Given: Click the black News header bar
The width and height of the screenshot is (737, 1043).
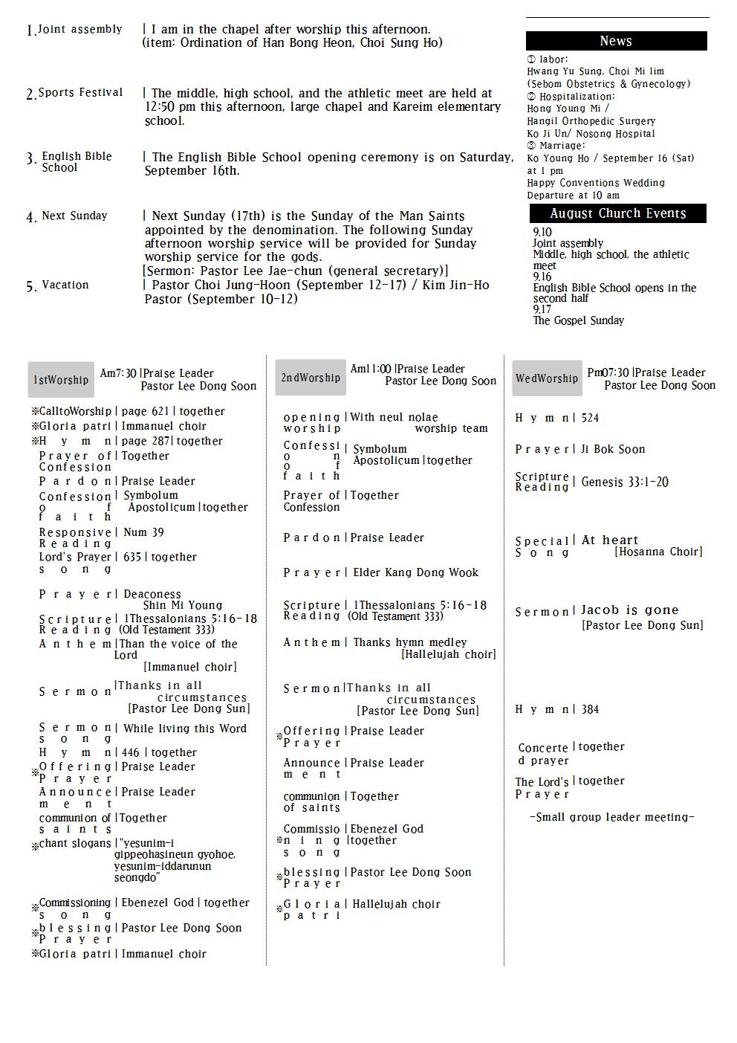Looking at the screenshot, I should click(616, 41).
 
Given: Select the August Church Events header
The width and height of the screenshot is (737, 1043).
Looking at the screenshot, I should click(617, 213).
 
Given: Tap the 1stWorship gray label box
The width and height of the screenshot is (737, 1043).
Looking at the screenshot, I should click(61, 380).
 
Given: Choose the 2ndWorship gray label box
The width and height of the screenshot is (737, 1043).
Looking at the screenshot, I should click(311, 378).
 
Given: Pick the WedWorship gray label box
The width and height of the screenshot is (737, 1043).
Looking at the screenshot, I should click(547, 378).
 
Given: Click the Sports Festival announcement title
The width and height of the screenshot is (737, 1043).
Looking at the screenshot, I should click(80, 93).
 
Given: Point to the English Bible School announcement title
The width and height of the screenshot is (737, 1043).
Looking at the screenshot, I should click(77, 161).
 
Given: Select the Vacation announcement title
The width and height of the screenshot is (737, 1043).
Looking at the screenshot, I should click(65, 285).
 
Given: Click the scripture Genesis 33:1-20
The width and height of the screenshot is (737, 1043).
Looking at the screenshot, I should click(625, 482).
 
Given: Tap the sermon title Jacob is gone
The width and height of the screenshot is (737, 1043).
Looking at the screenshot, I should click(630, 610).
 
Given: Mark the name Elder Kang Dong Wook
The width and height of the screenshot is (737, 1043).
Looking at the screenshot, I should click(415, 572).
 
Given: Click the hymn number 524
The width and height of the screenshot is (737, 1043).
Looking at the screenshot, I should click(590, 418).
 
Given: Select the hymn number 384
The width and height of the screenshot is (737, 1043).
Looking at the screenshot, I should click(590, 709).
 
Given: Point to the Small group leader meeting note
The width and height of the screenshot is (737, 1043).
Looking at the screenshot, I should click(612, 817).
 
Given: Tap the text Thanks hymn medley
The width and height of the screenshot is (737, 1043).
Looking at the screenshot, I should click(410, 642).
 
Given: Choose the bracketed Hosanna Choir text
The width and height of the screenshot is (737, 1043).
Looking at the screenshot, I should click(658, 552).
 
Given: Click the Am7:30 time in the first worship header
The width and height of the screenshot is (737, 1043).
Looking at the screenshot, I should click(118, 373).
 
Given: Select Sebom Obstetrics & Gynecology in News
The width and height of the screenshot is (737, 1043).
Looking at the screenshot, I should click(608, 84).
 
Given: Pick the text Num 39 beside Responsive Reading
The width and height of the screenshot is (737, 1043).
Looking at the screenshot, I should click(143, 532).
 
